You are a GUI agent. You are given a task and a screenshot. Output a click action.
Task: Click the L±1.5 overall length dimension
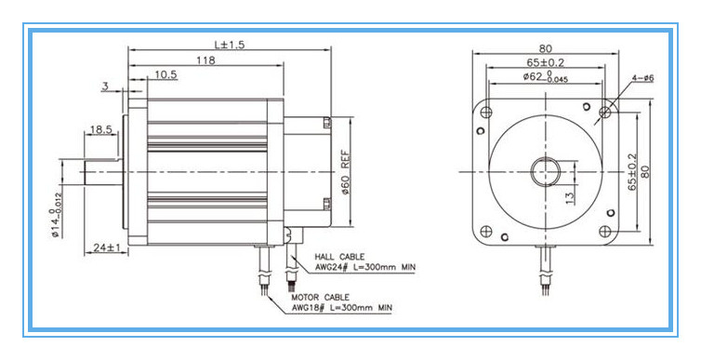pos(230,45)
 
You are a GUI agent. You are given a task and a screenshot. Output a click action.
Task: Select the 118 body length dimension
pos(205,60)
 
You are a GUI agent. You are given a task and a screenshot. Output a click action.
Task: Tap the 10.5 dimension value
pos(165,74)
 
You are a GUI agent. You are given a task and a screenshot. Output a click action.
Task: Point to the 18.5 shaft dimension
pos(100,129)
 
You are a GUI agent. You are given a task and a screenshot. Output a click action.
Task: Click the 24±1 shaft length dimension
pos(106,247)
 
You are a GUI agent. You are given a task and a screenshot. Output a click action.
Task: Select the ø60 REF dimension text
pos(345,172)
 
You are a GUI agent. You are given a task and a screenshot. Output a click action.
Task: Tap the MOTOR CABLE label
pos(321,298)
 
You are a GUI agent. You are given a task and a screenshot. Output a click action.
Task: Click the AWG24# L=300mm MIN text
pos(364,267)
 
